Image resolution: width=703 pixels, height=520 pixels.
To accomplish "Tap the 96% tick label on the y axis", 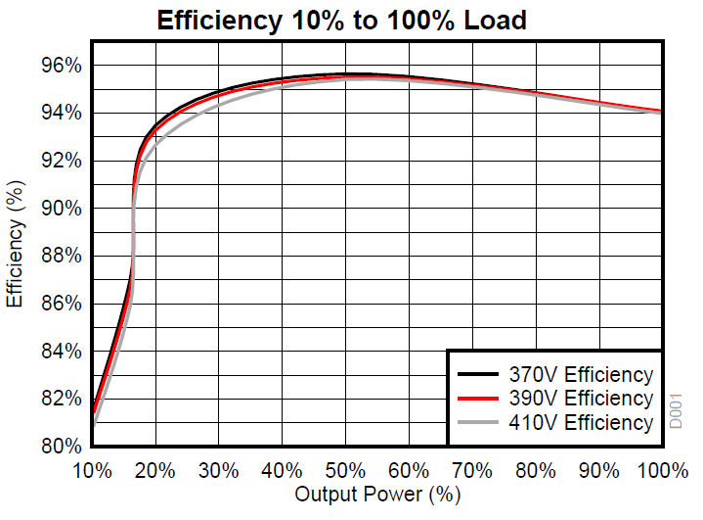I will click(x=60, y=66).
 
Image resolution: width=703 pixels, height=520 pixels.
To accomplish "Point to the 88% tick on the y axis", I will click(x=60, y=256).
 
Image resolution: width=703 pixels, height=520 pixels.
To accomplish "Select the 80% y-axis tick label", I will click(x=60, y=446).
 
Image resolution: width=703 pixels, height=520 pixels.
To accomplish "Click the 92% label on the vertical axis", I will click(x=60, y=161).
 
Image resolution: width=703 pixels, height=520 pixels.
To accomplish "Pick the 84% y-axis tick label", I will click(x=60, y=351).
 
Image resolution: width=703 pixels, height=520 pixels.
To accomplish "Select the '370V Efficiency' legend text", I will click(x=580, y=375).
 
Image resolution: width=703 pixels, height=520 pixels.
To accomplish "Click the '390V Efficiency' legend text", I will click(x=580, y=399).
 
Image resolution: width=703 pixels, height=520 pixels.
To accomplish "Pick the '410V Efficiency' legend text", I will click(x=580, y=422).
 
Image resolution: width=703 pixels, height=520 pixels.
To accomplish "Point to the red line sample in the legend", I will click(x=478, y=399).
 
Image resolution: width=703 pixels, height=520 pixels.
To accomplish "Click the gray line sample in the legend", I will click(x=478, y=422).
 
